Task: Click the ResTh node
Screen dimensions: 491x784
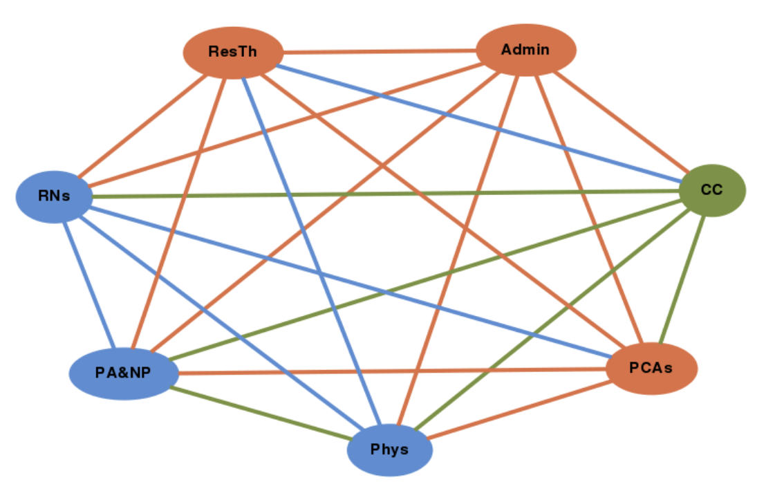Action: tap(233, 52)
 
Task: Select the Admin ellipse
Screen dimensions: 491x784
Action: tap(526, 50)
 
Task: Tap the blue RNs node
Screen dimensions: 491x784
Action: tap(54, 196)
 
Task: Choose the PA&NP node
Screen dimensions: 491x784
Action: tap(124, 373)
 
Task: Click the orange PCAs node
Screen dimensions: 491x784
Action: tap(651, 368)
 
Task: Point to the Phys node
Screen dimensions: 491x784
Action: tap(390, 450)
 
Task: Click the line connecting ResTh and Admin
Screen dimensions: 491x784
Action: tap(380, 51)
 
